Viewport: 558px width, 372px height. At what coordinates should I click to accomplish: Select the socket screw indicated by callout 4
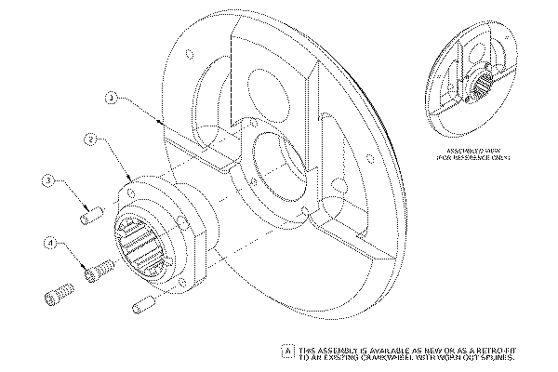(x=100, y=272)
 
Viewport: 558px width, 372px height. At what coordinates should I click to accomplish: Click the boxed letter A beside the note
(x=287, y=352)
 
